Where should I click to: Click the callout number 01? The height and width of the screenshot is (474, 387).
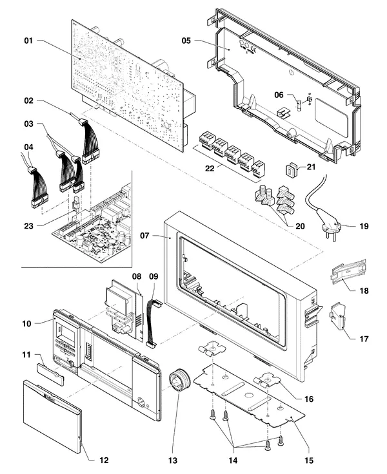28,41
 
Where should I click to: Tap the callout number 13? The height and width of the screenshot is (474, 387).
173,460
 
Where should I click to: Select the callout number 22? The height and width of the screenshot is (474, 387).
210,168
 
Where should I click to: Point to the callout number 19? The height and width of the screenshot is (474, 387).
364,226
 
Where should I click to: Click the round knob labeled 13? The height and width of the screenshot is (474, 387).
179,381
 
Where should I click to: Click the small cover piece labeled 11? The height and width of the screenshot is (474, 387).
50,375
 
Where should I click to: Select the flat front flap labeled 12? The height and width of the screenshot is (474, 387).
52,417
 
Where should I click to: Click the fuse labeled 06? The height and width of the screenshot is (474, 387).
301,106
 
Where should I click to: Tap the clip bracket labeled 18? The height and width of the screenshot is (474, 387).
349,272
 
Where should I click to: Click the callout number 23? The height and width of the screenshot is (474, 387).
28,226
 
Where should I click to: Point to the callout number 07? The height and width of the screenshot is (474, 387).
144,236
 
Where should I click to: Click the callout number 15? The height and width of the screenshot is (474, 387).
309,460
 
